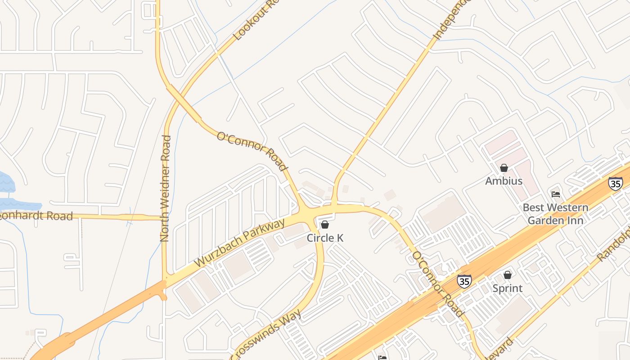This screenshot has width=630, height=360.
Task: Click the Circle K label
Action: (325, 238)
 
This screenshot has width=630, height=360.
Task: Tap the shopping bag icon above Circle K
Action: (325, 225)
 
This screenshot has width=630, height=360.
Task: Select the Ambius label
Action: (504, 181)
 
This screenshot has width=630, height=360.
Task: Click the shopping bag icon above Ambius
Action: (504, 168)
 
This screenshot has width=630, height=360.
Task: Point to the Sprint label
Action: (507, 288)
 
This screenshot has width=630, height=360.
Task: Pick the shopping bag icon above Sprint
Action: (508, 275)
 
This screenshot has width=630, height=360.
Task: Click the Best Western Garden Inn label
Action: (555, 214)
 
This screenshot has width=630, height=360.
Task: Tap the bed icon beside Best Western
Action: (556, 194)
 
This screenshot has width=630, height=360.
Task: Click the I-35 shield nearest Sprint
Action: (464, 281)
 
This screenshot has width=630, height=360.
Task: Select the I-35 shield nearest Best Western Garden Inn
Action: (615, 183)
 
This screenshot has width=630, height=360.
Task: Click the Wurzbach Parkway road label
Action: (239, 243)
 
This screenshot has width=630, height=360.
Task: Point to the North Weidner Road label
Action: (165, 188)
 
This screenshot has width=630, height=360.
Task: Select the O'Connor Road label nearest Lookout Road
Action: (252, 151)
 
